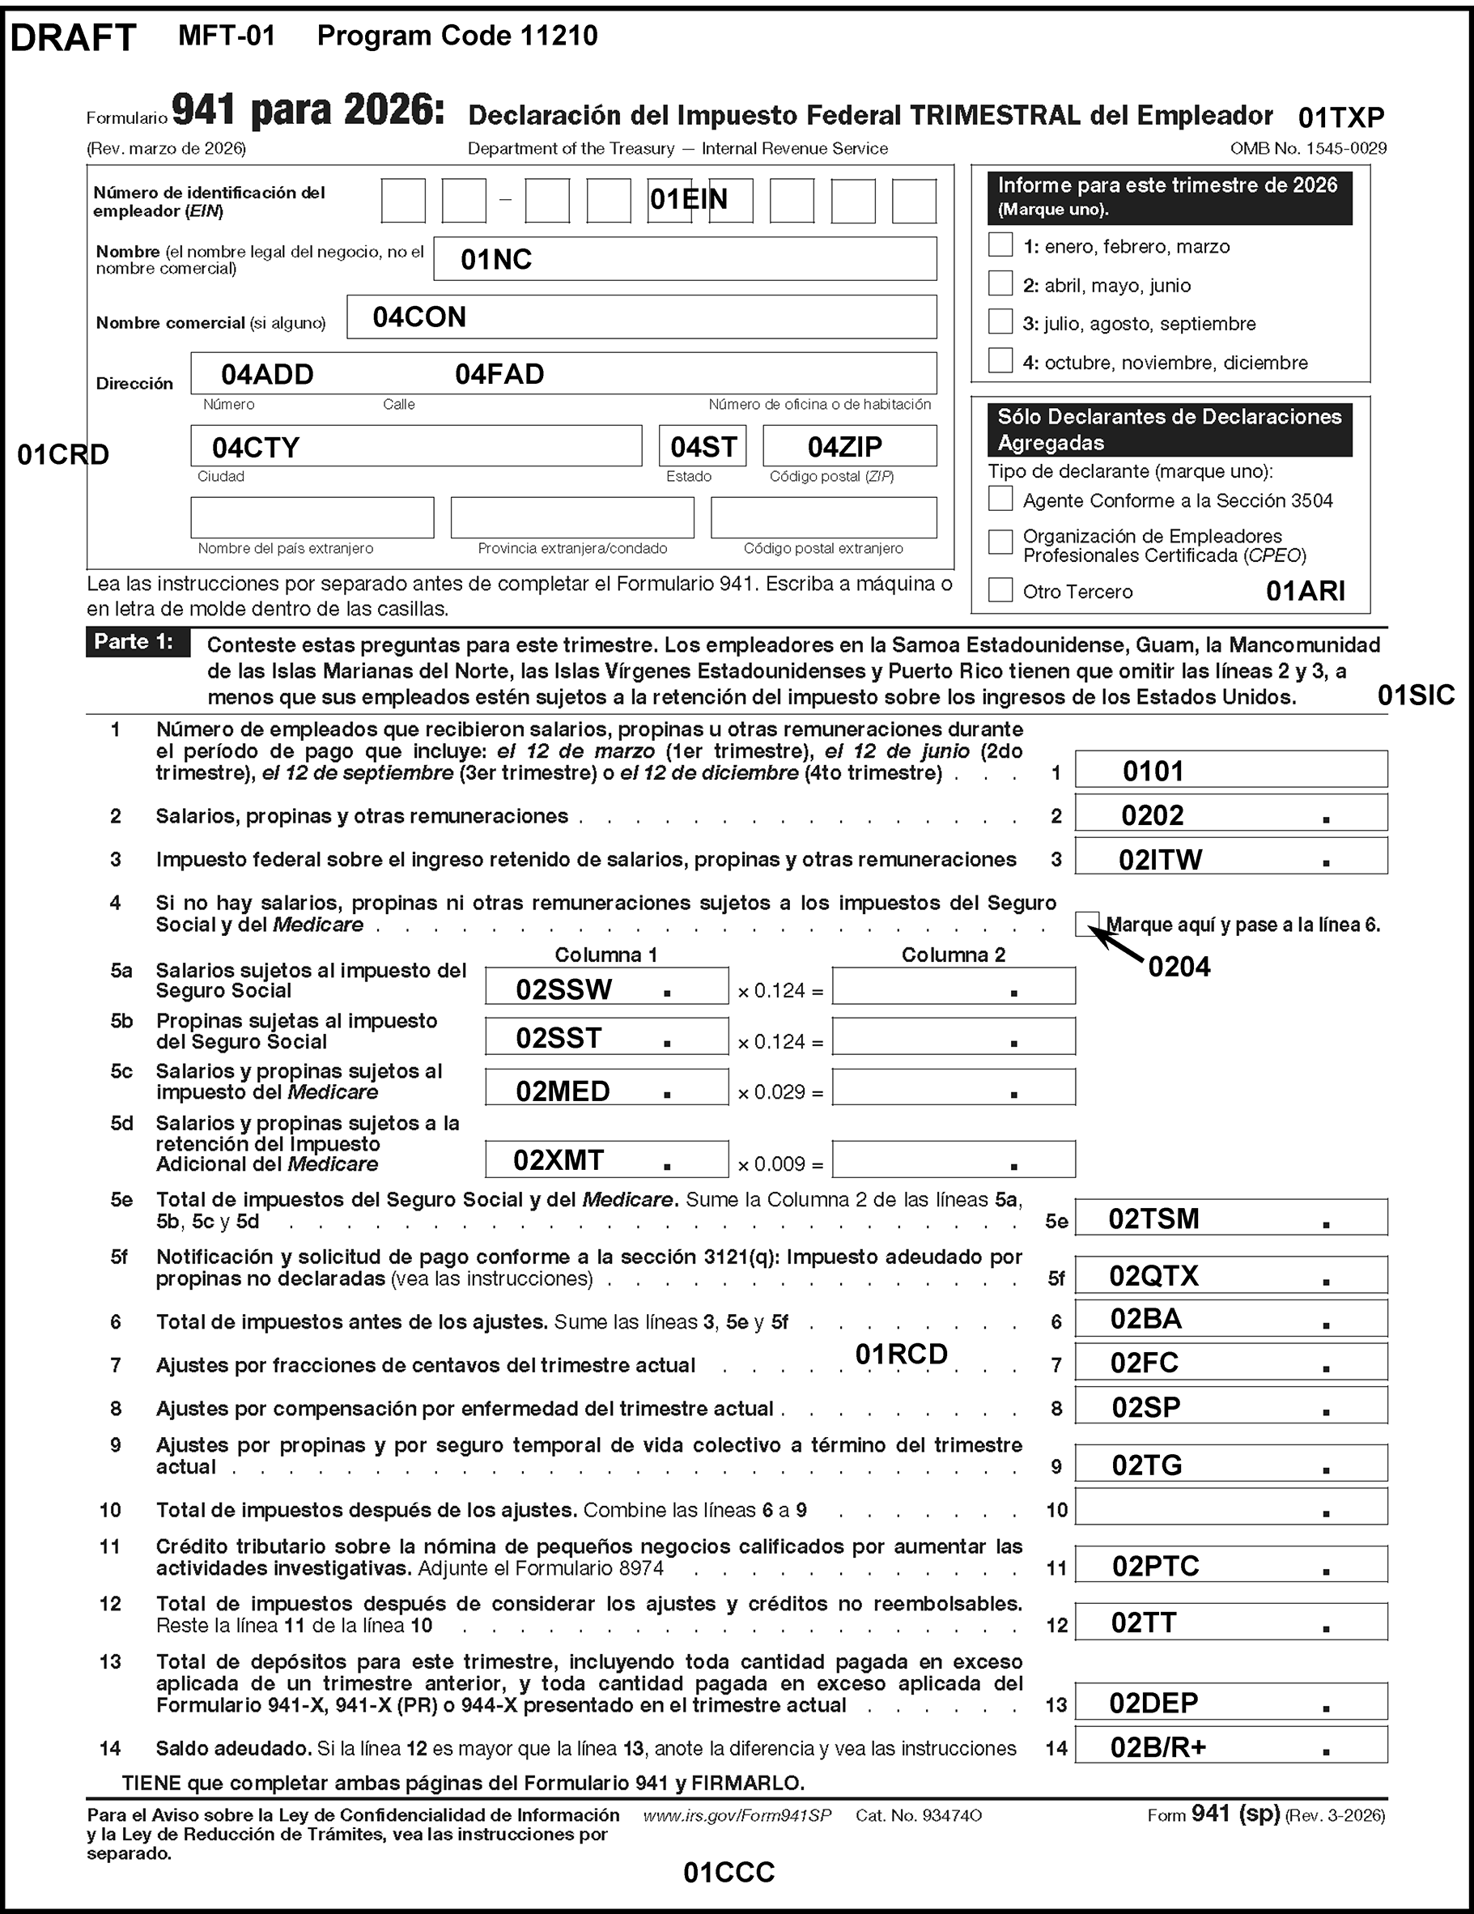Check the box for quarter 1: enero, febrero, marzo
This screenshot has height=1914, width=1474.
(x=1000, y=245)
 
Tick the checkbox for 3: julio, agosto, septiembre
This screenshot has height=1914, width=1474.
(x=1000, y=321)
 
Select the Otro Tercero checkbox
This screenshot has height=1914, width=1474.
(x=1000, y=589)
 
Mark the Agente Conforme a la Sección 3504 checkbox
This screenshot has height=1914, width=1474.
(x=1000, y=499)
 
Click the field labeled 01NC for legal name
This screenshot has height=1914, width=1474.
(x=685, y=259)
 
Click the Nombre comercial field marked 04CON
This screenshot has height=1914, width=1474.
(x=641, y=317)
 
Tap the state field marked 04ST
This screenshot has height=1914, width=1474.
(x=703, y=446)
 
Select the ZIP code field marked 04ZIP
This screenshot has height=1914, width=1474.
(x=849, y=446)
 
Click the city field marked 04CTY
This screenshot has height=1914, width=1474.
(x=416, y=446)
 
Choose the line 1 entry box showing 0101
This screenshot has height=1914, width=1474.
(x=1230, y=770)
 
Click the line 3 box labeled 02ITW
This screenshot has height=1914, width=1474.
(x=1230, y=857)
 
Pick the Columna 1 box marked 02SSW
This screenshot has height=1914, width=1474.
(x=606, y=987)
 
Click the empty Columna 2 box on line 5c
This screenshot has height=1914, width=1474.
(x=954, y=1088)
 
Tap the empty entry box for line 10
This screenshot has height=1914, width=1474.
(x=1230, y=1508)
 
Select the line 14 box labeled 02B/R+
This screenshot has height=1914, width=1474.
(x=1230, y=1746)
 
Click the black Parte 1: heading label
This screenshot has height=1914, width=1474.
(x=137, y=642)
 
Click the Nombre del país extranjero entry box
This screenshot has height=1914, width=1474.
(x=312, y=518)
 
